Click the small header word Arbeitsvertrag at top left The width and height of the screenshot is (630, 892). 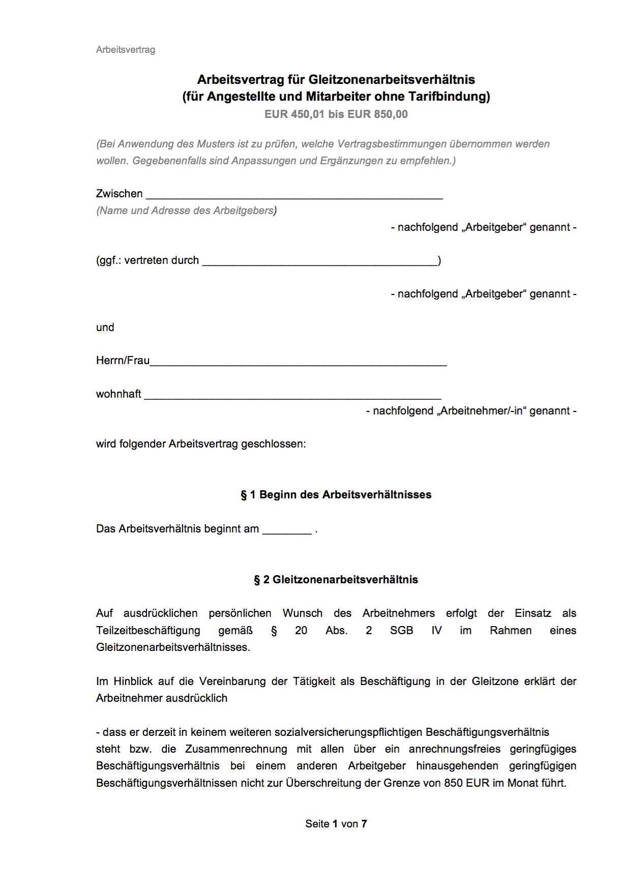pyautogui.click(x=125, y=50)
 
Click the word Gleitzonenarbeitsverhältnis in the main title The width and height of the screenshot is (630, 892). pyautogui.click(x=392, y=79)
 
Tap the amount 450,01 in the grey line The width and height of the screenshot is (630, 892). pyautogui.click(x=308, y=114)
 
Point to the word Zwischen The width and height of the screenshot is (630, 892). pyautogui.click(x=119, y=193)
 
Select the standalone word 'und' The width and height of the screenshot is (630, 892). pyautogui.click(x=105, y=328)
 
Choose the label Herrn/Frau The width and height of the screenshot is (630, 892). pyautogui.click(x=123, y=361)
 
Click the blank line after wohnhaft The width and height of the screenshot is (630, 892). pyautogui.click(x=292, y=396)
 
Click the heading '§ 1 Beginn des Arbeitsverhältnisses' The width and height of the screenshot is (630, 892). pyautogui.click(x=336, y=495)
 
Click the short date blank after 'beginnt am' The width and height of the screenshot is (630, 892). pyautogui.click(x=287, y=530)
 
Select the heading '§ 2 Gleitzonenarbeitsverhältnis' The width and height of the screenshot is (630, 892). pyautogui.click(x=336, y=580)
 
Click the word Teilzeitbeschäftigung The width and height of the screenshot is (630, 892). pyautogui.click(x=148, y=631)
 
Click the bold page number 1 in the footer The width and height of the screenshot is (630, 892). pyautogui.click(x=335, y=824)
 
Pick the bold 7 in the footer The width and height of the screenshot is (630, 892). pyautogui.click(x=364, y=824)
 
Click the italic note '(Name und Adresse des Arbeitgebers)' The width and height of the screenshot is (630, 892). pyautogui.click(x=186, y=211)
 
